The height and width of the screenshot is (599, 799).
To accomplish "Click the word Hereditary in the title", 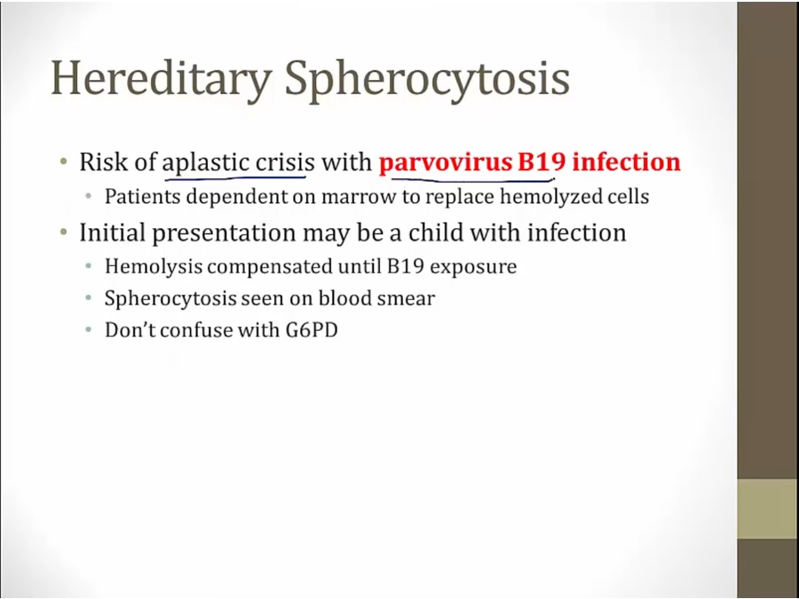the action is pyautogui.click(x=161, y=80).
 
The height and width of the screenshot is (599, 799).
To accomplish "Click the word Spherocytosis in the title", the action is pyautogui.click(x=427, y=80).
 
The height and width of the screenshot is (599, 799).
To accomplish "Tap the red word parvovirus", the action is pyautogui.click(x=446, y=163).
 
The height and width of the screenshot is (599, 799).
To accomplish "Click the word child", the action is pyautogui.click(x=436, y=233).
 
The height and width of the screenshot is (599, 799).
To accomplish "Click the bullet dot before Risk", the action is pyautogui.click(x=63, y=162).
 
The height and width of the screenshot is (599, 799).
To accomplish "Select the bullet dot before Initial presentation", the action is pyautogui.click(x=63, y=233).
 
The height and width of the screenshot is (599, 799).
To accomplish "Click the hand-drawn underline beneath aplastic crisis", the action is pyautogui.click(x=235, y=178).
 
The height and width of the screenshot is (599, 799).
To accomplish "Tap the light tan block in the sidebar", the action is pyautogui.click(x=768, y=508).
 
